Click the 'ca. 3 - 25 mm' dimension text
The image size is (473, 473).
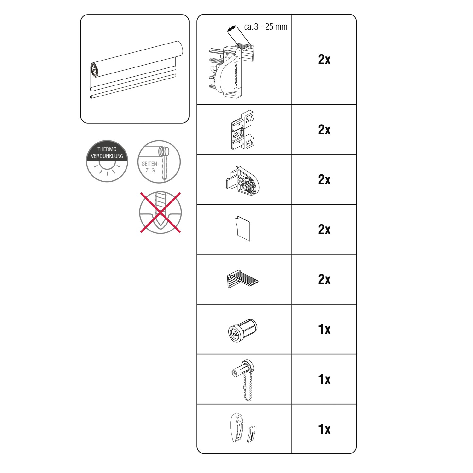pyautogui.click(x=266, y=27)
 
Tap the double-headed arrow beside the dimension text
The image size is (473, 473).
pyautogui.click(x=231, y=28)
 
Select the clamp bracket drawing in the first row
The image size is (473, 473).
pyautogui.click(x=230, y=71)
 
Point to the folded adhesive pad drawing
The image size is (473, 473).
pyautogui.click(x=243, y=229)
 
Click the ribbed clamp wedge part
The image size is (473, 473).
pyautogui.click(x=242, y=278)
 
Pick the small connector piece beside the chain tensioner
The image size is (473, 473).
pyautogui.click(x=252, y=434)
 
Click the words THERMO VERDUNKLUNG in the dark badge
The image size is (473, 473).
pyautogui.click(x=107, y=153)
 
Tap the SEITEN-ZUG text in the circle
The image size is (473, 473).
pyautogui.click(x=150, y=167)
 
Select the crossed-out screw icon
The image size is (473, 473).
pyautogui.click(x=160, y=213)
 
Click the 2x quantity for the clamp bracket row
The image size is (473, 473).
pyautogui.click(x=324, y=60)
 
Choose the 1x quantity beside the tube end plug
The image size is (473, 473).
pyautogui.click(x=324, y=329)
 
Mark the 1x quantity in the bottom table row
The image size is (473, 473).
pyautogui.click(x=324, y=429)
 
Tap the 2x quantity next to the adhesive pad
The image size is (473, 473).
pyautogui.click(x=324, y=230)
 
